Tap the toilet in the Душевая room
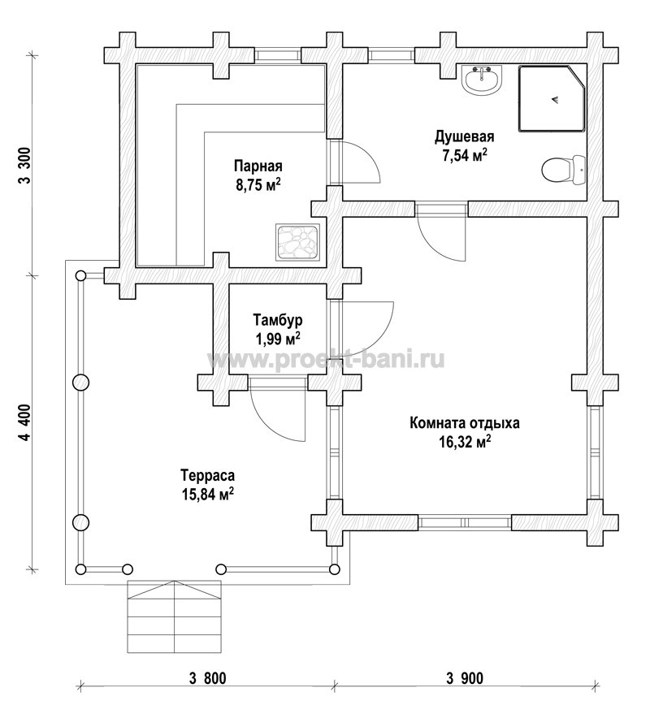click(x=563, y=170)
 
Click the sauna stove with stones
click(x=297, y=242)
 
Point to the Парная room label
click(x=258, y=166)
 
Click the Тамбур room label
click(x=278, y=319)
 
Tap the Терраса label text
click(x=207, y=475)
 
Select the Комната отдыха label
click(x=465, y=422)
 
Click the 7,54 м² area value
click(x=464, y=155)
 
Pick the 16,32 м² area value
click(x=465, y=443)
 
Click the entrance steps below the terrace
click(x=174, y=616)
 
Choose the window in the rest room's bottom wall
click(x=465, y=522)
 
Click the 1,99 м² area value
click(x=278, y=340)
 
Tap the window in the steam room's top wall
click(x=278, y=55)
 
